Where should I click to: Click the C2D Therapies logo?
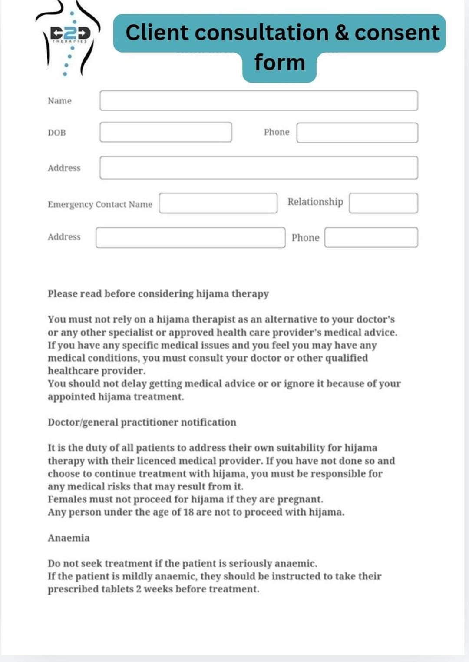[69, 39]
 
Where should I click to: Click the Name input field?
[258, 101]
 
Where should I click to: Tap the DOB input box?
[165, 132]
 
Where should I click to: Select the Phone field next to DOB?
[357, 133]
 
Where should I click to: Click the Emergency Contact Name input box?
[218, 203]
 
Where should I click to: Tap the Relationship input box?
[383, 203]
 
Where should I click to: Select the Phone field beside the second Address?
[371, 237]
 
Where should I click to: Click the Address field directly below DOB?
[258, 168]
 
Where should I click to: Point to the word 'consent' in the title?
[397, 33]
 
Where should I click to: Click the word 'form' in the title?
[280, 62]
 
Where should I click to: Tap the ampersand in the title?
[342, 33]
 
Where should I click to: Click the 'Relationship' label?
[315, 202]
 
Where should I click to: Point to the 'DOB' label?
[56, 133]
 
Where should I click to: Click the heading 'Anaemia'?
[69, 538]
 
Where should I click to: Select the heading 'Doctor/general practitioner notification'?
[142, 422]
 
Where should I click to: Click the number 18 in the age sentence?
[188, 512]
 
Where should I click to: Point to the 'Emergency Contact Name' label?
[100, 204]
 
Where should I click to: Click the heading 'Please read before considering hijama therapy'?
[158, 294]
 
